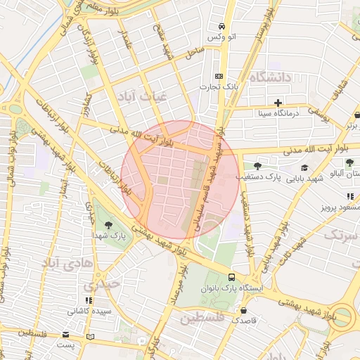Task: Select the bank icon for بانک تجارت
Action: (219, 76)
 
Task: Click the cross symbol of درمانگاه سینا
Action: (278, 103)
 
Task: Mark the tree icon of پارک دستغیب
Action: (258, 167)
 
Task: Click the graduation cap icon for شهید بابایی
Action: (305, 167)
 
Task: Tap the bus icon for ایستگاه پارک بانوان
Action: (232, 276)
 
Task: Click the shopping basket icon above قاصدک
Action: (243, 309)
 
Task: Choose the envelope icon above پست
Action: (66, 336)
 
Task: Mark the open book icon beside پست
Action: (89, 337)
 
